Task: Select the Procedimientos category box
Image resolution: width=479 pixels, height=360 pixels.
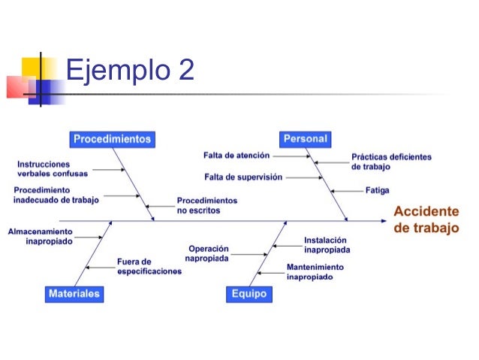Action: [x=113, y=139]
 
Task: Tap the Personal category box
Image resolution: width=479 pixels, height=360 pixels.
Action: [x=306, y=139]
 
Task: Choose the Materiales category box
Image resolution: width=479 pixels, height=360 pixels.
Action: [x=74, y=295]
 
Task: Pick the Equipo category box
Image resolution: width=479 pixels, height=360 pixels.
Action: [x=249, y=295]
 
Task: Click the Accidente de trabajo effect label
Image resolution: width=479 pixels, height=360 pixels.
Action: [x=426, y=219]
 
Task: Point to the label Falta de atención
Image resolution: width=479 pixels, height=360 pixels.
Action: [x=236, y=156]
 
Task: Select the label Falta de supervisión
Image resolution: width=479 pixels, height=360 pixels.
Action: [x=243, y=177]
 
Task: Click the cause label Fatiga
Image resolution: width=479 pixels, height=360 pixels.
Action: [x=377, y=190]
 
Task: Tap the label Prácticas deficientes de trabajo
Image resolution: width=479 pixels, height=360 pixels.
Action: [x=391, y=162]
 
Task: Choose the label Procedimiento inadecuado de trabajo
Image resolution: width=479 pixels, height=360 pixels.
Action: [x=56, y=195]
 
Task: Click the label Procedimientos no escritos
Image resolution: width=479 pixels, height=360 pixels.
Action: [x=206, y=206]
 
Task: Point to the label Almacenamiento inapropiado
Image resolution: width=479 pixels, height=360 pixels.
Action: [x=41, y=237]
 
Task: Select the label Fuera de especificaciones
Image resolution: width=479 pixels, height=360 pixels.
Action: [x=149, y=267]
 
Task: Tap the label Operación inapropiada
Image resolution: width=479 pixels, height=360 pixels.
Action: [x=208, y=253]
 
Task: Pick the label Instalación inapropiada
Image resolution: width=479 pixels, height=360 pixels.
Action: [x=327, y=245]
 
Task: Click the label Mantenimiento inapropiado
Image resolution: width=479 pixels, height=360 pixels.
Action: [x=315, y=271]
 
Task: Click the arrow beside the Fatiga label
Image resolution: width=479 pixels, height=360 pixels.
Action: [x=348, y=190]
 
